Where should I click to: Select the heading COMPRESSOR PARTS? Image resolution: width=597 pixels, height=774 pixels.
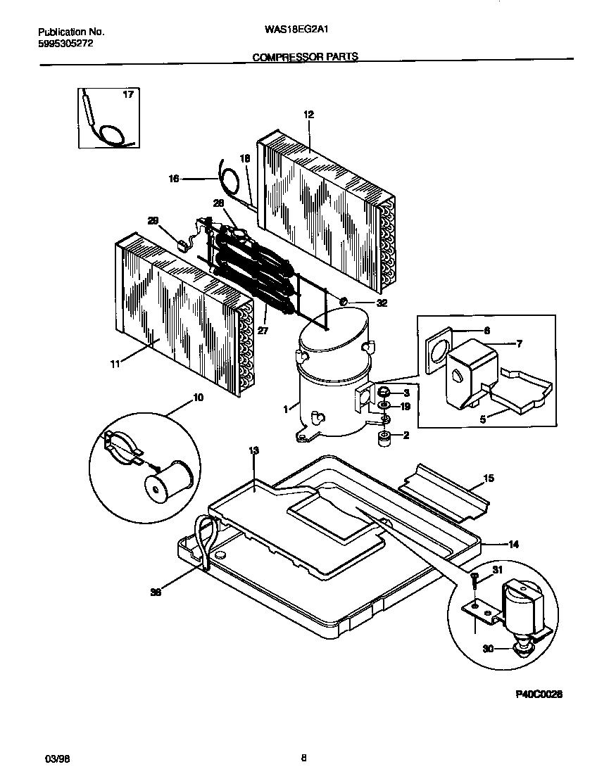305,57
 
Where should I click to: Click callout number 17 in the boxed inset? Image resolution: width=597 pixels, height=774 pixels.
128,94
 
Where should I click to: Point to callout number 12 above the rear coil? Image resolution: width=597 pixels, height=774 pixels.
308,114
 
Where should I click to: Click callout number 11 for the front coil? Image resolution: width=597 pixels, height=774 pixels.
115,363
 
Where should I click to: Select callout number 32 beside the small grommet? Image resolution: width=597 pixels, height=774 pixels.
382,303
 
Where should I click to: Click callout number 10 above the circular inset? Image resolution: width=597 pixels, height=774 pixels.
198,398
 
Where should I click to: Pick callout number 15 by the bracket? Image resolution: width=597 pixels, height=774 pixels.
488,478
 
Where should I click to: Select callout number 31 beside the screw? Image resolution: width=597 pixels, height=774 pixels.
497,571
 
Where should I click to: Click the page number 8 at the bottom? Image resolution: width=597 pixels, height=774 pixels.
303,758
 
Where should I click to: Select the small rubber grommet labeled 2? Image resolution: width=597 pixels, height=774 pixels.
384,439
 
